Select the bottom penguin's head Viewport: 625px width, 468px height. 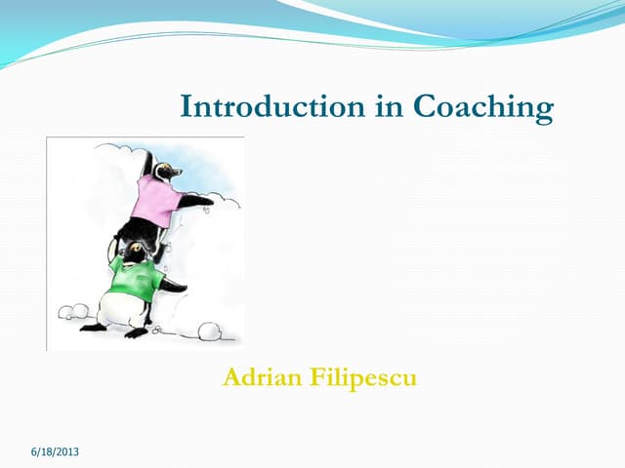click(138, 252)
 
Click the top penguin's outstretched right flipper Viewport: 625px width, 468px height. click(198, 200)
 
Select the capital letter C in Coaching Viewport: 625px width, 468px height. click(427, 106)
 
